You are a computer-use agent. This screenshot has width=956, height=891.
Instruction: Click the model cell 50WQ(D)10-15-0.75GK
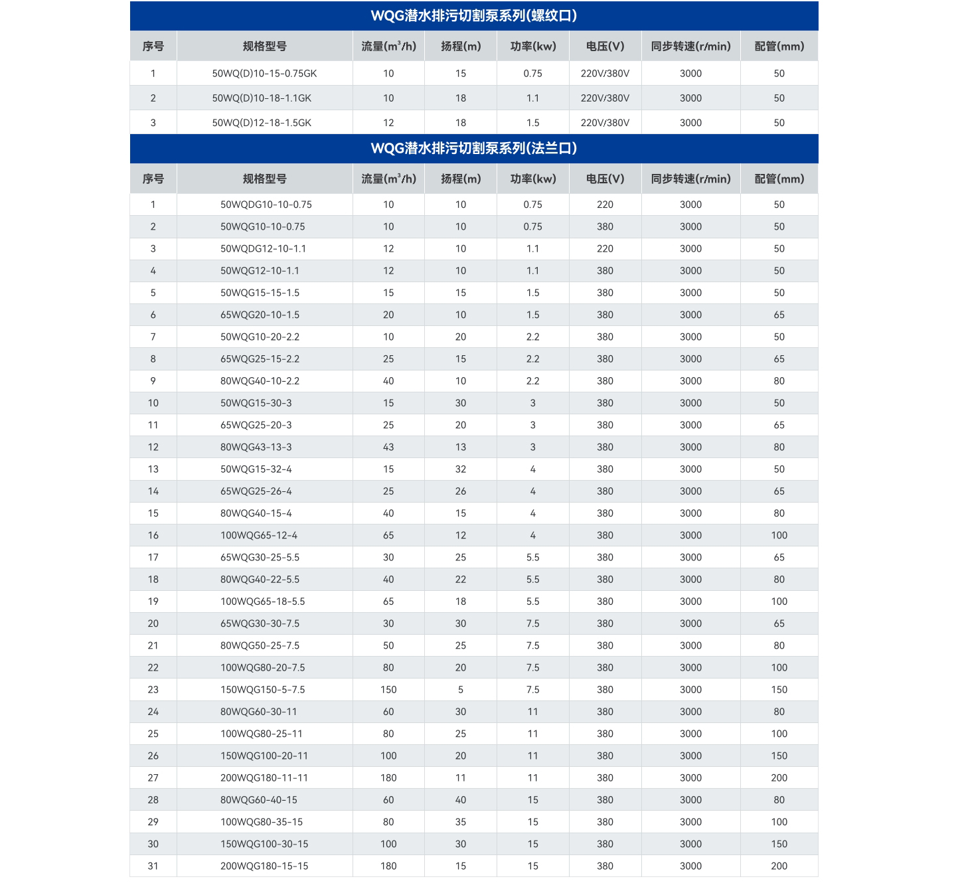click(x=264, y=74)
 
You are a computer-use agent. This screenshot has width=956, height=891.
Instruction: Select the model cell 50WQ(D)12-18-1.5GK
click(x=262, y=123)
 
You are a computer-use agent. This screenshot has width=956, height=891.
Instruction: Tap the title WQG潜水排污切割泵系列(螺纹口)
click(x=473, y=16)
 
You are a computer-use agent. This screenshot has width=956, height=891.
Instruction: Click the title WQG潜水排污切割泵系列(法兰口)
click(x=473, y=148)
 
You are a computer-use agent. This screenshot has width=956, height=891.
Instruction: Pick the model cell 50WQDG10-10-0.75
click(x=266, y=204)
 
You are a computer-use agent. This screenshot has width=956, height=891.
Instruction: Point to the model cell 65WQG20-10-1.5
click(x=260, y=315)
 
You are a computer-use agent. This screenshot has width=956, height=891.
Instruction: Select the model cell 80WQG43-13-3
click(x=256, y=447)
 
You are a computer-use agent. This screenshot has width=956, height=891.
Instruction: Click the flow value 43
click(x=388, y=447)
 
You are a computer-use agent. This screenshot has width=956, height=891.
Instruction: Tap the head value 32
click(x=461, y=469)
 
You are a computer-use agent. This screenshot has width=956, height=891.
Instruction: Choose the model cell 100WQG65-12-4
click(x=259, y=535)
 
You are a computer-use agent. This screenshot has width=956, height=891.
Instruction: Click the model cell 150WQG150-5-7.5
click(x=262, y=690)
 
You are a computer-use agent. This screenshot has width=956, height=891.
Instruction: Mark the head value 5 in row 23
click(x=461, y=690)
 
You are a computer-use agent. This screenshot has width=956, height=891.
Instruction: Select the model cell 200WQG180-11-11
click(x=264, y=777)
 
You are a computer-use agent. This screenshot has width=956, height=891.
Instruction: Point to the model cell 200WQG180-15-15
click(x=264, y=866)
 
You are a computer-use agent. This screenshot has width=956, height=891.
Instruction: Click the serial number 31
click(x=153, y=866)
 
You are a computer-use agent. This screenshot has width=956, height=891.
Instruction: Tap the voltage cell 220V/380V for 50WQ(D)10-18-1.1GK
click(x=605, y=98)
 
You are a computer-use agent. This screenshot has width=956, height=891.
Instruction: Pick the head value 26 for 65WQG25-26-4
click(x=461, y=491)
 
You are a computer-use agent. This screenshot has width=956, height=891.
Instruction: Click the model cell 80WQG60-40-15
click(x=258, y=800)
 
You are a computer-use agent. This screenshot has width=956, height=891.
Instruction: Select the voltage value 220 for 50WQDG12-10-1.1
click(x=605, y=249)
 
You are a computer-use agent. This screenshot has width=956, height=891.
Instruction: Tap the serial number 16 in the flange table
click(x=153, y=535)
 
